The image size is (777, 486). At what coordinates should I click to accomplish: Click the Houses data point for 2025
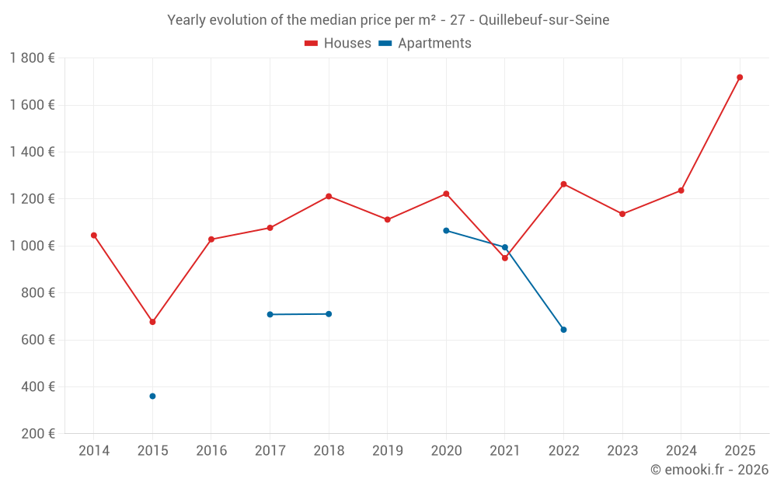tap(740, 77)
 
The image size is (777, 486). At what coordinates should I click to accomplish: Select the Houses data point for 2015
tap(152, 322)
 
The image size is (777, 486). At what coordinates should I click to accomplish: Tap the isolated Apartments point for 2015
tap(152, 396)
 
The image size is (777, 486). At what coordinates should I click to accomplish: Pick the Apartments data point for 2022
tap(563, 330)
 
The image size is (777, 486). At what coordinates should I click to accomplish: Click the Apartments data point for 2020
tap(446, 230)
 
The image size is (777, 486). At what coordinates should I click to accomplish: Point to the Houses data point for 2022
tap(563, 184)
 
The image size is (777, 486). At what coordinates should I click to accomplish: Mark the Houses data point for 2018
tap(329, 196)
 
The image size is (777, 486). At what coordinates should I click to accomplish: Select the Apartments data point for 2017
tap(270, 314)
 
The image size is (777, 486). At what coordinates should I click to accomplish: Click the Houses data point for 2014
tap(94, 235)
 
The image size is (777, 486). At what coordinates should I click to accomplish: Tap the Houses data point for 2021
tap(504, 258)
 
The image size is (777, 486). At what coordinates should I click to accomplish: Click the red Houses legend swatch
tap(311, 44)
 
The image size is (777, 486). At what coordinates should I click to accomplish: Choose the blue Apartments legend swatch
tap(385, 44)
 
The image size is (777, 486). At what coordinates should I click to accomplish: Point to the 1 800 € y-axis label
tap(32, 58)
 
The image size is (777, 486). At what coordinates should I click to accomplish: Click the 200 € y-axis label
tap(37, 434)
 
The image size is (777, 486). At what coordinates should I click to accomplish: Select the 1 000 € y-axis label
tap(32, 246)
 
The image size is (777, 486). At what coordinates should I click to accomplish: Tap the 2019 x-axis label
tap(387, 451)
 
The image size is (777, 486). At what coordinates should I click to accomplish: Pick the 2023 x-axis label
tap(622, 451)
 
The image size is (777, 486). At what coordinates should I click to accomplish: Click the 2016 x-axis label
tap(211, 451)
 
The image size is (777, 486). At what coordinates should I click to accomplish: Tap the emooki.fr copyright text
tap(709, 470)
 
